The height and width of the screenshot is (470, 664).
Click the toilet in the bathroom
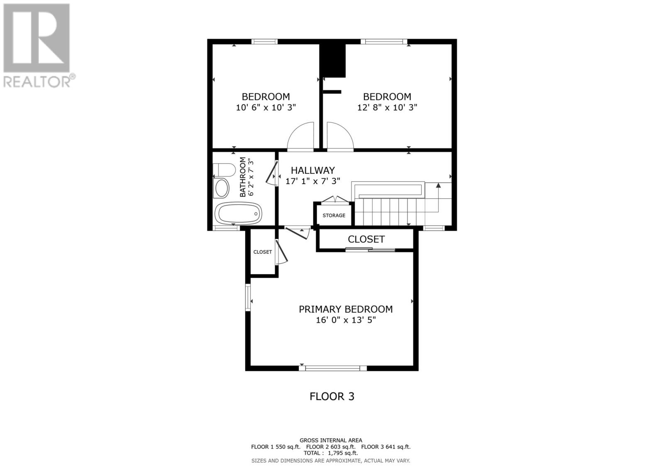point(224,170)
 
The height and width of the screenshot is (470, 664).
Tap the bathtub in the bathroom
point(238,213)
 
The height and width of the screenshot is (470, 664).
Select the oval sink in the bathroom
point(222,188)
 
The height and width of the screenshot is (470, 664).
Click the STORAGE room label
point(334,215)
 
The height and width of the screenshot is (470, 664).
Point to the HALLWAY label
point(313,170)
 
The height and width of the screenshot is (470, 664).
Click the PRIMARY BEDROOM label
point(346,309)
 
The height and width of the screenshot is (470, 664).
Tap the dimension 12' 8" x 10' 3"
point(387,107)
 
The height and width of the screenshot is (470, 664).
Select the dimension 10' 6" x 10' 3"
point(266,107)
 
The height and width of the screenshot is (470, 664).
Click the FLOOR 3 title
point(332,396)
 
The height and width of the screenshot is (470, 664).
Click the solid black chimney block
point(332,61)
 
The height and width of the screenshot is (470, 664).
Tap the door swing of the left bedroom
point(300,135)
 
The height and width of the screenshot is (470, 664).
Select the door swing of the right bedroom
point(340,135)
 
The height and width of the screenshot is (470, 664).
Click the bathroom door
point(271,173)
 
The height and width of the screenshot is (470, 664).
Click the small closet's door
point(282,252)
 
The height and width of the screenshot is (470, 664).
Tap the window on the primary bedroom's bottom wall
point(332,369)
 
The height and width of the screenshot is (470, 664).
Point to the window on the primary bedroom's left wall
point(248,298)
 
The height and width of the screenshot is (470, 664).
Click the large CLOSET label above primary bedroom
point(366,239)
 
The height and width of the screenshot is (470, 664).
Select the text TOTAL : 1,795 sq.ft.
point(331,453)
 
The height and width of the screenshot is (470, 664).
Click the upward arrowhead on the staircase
point(438,185)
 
